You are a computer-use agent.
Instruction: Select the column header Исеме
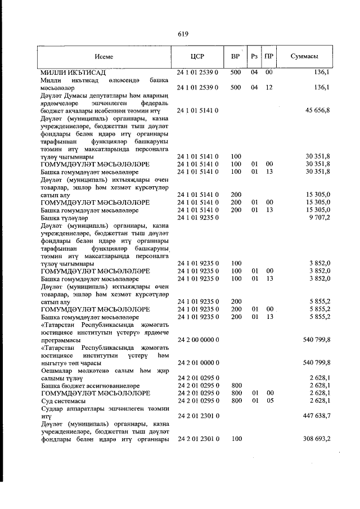coord(104,57)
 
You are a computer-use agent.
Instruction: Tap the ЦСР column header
coord(197,57)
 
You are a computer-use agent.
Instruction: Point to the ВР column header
coord(236,57)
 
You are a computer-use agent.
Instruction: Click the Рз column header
coord(254,57)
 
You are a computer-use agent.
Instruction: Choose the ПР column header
coord(269,57)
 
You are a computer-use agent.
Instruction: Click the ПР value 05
coord(269,400)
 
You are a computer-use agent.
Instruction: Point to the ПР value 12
coord(269,88)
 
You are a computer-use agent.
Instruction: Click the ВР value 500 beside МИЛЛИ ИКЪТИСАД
coord(236,73)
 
